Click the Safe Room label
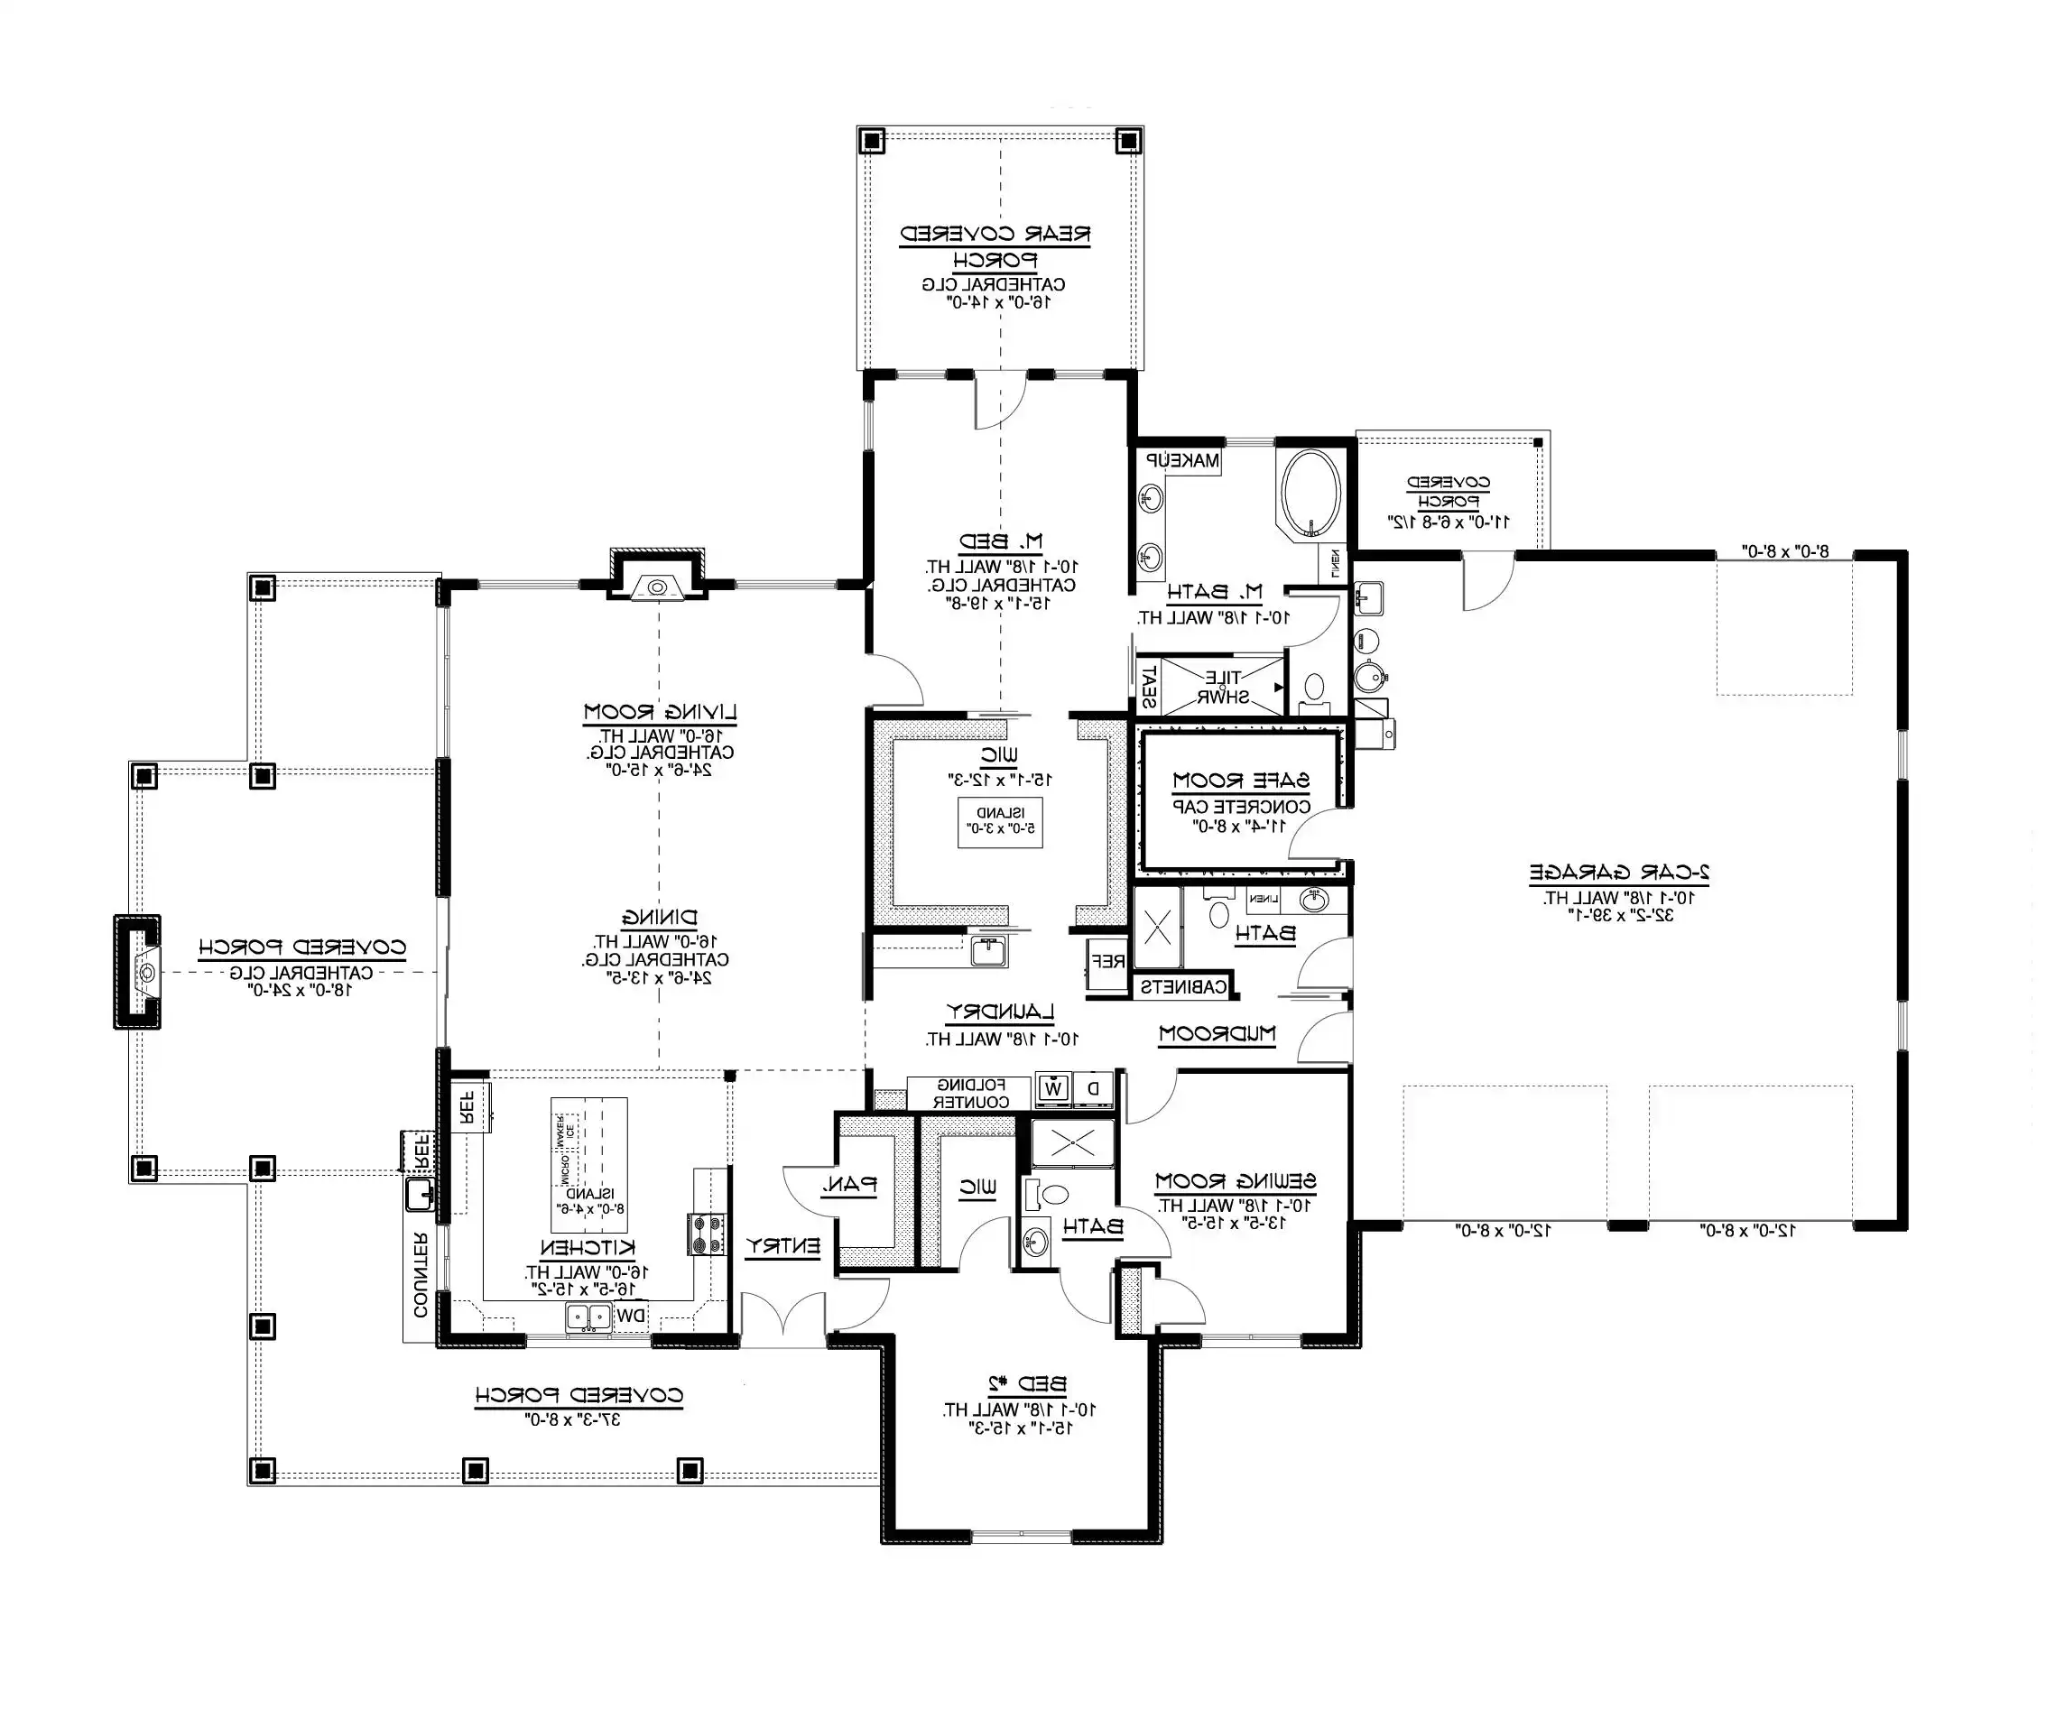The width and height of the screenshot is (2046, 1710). [1240, 781]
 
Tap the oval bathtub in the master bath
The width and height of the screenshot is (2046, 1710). [1310, 493]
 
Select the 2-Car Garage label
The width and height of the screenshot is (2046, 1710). [1618, 872]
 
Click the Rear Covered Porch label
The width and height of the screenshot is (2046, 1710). [994, 246]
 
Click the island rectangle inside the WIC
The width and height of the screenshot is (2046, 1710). [1000, 821]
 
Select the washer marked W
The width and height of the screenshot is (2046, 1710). [1053, 1088]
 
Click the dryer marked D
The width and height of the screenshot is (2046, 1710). [1093, 1088]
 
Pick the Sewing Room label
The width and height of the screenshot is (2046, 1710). [1235, 1181]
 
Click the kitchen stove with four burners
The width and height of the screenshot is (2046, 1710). [708, 1234]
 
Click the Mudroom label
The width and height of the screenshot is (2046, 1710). [1217, 1034]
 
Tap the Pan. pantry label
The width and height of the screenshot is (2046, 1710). [849, 1186]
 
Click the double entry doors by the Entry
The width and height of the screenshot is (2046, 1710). [783, 1317]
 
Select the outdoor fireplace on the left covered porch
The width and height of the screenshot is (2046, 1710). [138, 972]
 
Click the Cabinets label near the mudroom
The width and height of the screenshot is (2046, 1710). [1183, 986]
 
